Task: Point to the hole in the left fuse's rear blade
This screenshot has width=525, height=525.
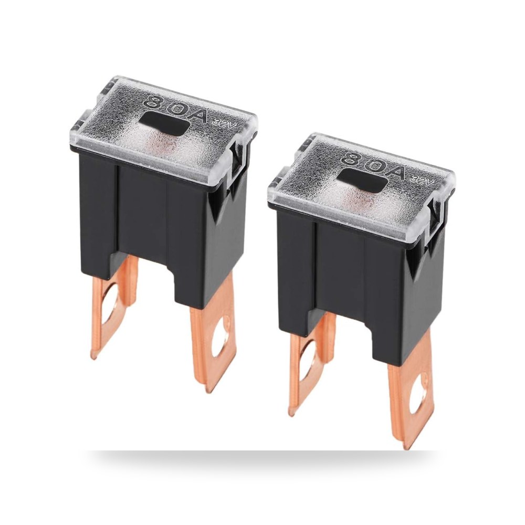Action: point(108,308)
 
